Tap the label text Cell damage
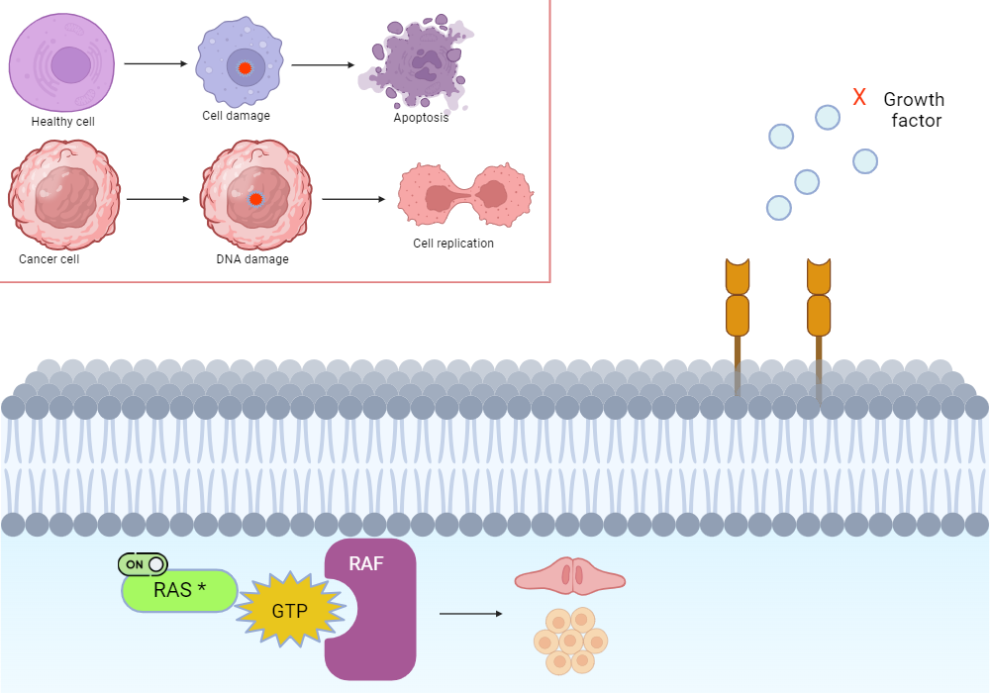coord(236,116)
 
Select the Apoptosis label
coord(421,117)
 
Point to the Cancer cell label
coord(49,259)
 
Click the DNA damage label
coord(251,259)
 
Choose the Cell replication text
coord(452,243)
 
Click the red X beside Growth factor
coord(859,97)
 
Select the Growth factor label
coord(913,110)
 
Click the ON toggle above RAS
coord(144,564)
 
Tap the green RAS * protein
coord(179,591)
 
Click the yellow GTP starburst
coord(289,610)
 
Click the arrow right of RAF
coord(470,614)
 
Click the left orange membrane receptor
coord(738,307)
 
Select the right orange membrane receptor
coord(819,307)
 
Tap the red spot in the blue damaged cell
coord(243,68)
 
